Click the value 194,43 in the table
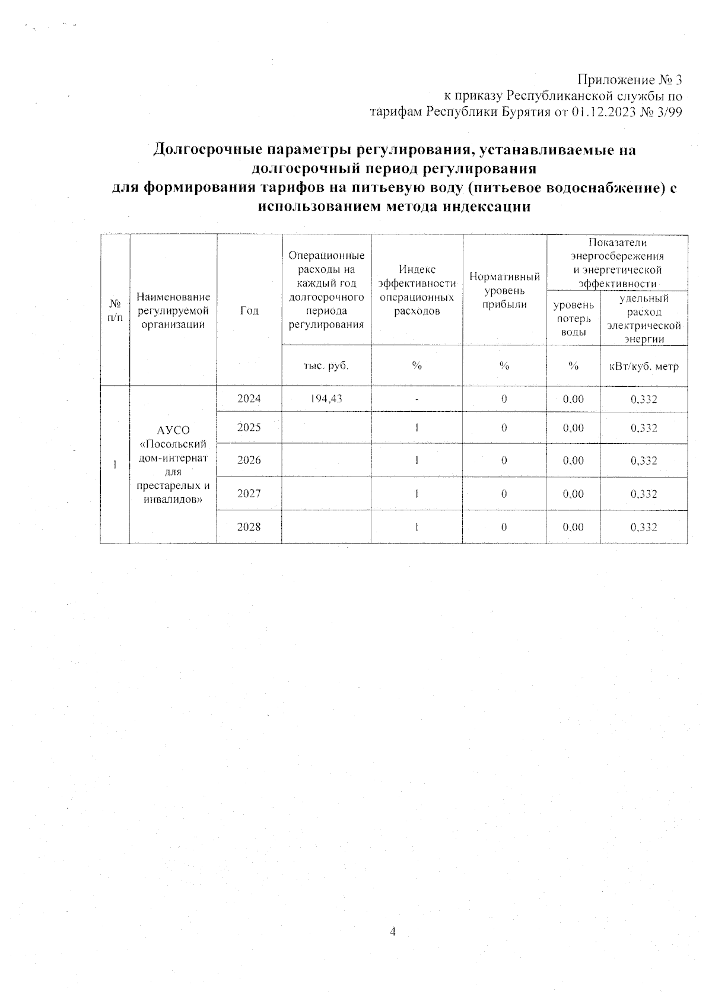(326, 399)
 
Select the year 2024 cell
(249, 399)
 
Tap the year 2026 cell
(249, 460)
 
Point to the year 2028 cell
(249, 527)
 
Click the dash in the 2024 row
(417, 400)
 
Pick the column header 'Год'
(249, 310)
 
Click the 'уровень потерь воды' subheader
(573, 319)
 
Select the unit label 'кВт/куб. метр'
(644, 366)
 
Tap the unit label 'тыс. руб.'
(326, 366)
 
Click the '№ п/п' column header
(115, 310)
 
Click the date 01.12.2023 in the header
(601, 113)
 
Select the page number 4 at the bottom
(392, 931)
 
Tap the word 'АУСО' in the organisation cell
(173, 430)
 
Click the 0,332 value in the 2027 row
(644, 494)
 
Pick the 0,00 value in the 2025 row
(573, 428)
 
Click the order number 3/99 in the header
(668, 113)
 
